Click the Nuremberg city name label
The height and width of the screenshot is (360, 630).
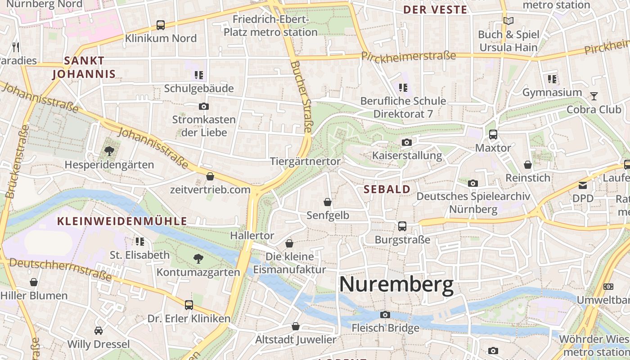coord(396,285)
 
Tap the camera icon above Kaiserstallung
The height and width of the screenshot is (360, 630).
coord(407,143)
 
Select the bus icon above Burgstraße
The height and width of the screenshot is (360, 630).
coord(402,226)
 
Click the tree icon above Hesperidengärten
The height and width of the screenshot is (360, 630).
coord(109,151)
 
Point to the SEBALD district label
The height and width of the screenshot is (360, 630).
coord(387,189)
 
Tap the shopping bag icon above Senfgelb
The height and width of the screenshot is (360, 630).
coord(328,202)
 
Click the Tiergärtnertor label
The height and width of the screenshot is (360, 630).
coord(305,161)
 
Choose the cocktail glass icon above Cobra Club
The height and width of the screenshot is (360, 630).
coord(594,96)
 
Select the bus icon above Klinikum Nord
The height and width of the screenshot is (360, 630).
coord(161,25)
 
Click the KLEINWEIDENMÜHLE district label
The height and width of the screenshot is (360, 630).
coord(122,221)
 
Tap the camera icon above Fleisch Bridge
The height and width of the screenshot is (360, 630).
coord(385,315)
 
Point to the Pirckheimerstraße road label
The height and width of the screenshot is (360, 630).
coord(409,56)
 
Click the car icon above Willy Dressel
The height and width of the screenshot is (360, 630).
coord(99,331)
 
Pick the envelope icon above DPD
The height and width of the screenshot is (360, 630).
coord(583,185)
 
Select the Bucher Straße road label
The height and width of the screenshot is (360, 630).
coord(301,97)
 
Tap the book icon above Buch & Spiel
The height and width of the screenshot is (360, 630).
coord(508,21)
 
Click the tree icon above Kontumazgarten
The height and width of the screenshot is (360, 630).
coord(198,259)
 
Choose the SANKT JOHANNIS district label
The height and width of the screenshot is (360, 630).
coord(84,67)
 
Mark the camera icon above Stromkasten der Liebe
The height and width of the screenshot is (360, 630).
coord(204,107)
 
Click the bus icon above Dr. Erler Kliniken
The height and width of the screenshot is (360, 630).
coord(189,305)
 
